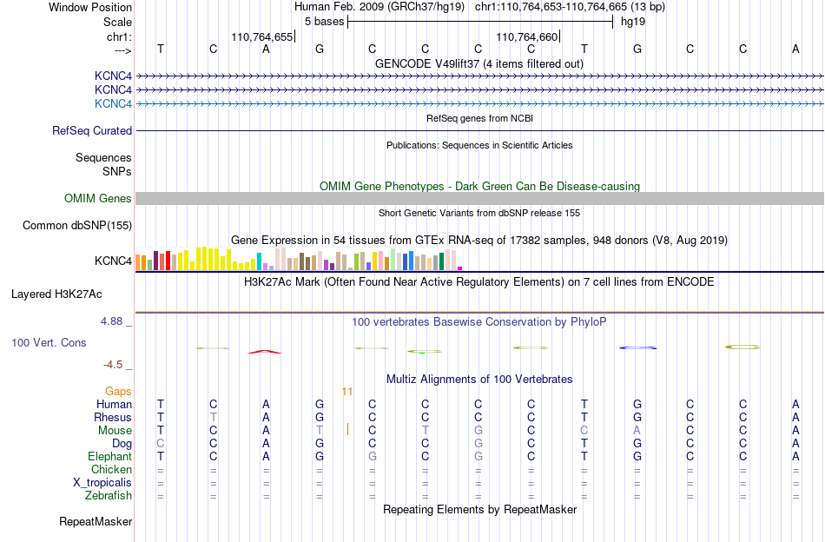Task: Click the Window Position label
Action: point(90,7)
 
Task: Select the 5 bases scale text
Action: point(324,22)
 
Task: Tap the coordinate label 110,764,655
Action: point(261,36)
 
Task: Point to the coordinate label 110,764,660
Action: point(526,36)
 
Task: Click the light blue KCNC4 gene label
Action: point(113,103)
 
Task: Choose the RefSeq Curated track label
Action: point(92,130)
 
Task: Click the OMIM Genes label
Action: point(98,198)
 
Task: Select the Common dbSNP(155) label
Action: point(77,225)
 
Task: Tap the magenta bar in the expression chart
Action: point(460,268)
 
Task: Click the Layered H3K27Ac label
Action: point(56,294)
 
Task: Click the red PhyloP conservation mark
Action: point(265,352)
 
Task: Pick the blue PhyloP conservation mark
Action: point(637,347)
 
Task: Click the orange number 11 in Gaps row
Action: point(346,392)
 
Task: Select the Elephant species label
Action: point(110,456)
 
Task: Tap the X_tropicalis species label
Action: point(102,483)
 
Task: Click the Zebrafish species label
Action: point(109,496)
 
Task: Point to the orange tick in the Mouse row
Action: point(347,429)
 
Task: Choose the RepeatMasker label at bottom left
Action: point(96,521)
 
